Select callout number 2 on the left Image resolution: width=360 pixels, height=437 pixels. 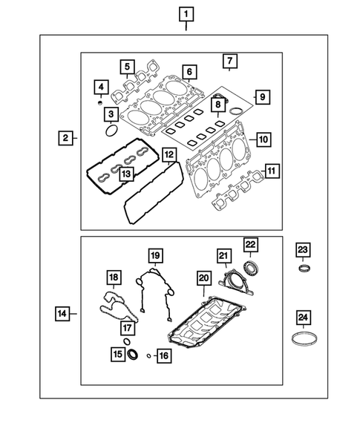tap(66, 138)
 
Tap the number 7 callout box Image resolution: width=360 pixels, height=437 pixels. tap(229, 60)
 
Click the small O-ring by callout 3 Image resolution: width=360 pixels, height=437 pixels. tap(111, 131)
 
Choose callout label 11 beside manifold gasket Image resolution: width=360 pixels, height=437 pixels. tap(272, 171)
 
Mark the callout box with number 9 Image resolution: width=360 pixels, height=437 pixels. tap(260, 96)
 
